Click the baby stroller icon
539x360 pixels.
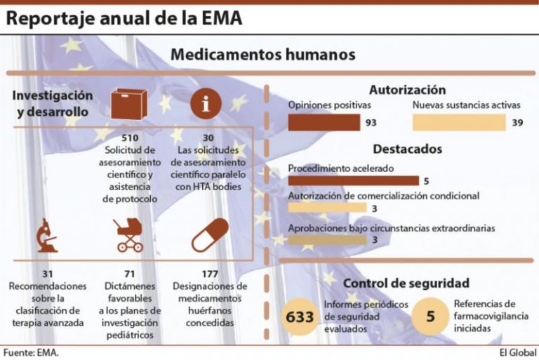(x=128, y=235)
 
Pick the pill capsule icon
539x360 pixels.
(x=210, y=235)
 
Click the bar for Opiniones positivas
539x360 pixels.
(x=324, y=123)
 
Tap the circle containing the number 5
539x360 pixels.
(x=430, y=316)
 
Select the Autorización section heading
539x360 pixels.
(x=407, y=90)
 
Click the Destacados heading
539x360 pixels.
(x=407, y=149)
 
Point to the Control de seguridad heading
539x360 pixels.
(x=406, y=284)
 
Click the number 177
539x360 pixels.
(x=210, y=273)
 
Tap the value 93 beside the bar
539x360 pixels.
(x=371, y=123)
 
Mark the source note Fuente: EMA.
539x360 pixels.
(x=30, y=352)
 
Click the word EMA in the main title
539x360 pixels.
(x=219, y=18)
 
